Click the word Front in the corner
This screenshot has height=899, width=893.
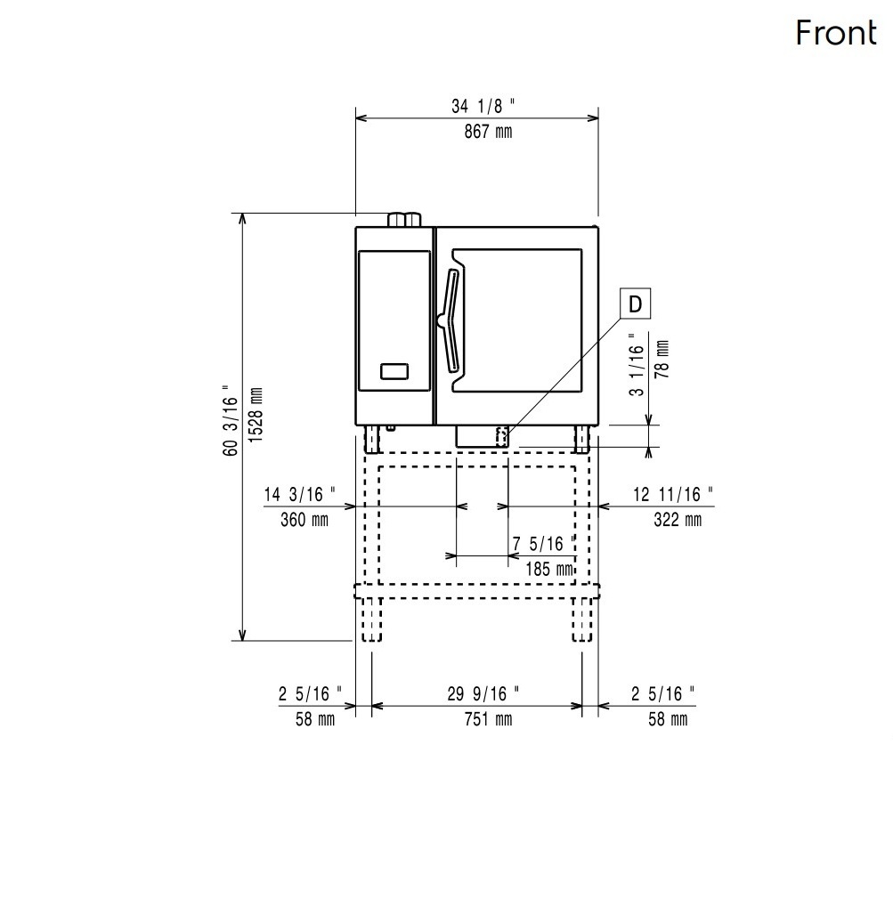coord(836,33)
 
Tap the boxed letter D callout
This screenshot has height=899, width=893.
coord(636,304)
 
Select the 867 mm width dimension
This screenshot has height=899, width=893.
coord(488,132)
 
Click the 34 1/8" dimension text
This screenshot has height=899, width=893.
coord(483,106)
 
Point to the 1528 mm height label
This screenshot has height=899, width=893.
coord(256,415)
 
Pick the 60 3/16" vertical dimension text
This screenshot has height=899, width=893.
coord(230,420)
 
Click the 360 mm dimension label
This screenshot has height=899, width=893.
coord(304,520)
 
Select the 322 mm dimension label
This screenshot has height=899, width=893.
coord(678,520)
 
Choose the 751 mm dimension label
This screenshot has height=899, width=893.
coord(488,719)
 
